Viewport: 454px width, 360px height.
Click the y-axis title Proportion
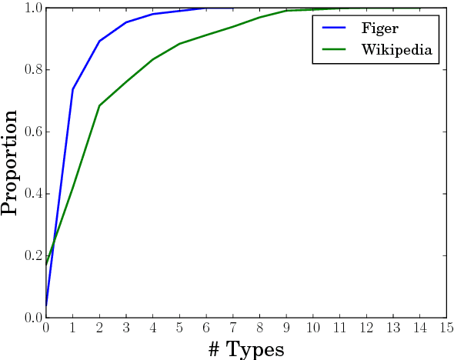coord(11,162)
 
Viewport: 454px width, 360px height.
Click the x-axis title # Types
coord(246,348)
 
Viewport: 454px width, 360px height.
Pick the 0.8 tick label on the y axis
coord(32,70)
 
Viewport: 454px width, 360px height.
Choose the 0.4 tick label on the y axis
coord(32,194)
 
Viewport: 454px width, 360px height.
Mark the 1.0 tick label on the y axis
coord(32,8)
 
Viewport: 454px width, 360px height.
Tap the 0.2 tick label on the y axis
coord(32,256)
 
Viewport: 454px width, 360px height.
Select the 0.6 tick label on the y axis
coord(32,132)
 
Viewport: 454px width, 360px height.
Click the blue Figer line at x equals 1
coord(73,88)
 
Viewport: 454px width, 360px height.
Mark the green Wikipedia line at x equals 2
coord(99,105)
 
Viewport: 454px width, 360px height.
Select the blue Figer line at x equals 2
coord(99,41)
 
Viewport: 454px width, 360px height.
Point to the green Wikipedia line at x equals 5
coord(179,43)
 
